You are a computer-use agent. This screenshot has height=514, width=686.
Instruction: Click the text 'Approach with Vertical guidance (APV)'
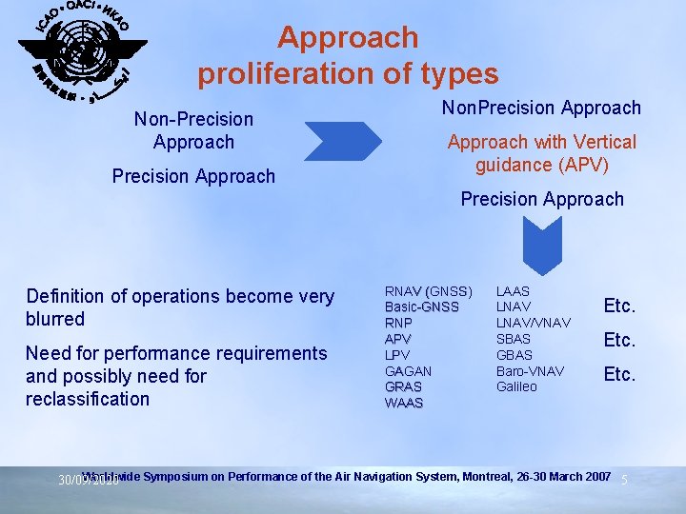542,153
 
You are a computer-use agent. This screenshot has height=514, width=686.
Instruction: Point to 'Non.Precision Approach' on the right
541,108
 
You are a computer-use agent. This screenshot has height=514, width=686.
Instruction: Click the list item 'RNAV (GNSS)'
428,290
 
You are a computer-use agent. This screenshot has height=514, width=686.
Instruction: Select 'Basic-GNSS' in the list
421,306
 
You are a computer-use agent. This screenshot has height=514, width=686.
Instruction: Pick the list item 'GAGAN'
408,371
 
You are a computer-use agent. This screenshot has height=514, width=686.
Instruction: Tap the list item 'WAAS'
404,403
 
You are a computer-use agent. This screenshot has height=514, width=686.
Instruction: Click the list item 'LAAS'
513,290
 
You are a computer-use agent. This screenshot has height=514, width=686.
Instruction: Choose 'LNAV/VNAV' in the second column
534,323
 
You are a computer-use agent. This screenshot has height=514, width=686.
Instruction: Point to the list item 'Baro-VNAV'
530,370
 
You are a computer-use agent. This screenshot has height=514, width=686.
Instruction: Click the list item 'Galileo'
516,386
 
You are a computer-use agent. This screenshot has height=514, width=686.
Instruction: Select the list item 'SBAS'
514,339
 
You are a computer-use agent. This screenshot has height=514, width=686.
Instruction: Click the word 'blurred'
55,319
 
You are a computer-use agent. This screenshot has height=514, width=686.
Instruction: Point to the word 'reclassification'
88,399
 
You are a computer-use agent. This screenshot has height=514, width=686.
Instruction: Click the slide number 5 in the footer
624,480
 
